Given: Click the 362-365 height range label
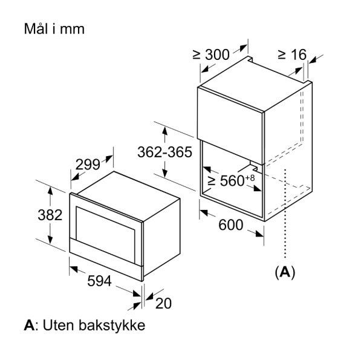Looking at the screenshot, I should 164,154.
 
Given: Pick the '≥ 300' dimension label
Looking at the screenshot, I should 210,54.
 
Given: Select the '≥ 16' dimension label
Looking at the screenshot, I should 291,54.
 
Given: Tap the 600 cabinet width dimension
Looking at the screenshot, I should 230,225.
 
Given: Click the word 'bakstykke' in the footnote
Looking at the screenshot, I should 115,326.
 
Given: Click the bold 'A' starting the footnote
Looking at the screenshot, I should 28,326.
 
